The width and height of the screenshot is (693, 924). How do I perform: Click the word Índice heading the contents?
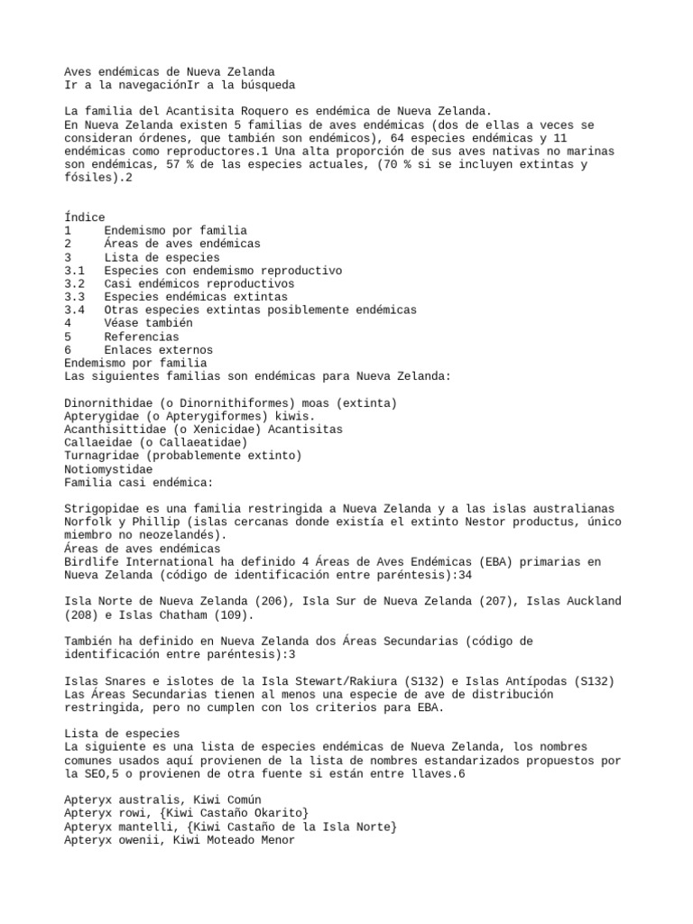coord(85,217)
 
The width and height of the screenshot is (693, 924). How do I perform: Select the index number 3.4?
coord(75,310)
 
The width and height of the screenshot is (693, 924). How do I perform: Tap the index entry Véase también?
coord(147,323)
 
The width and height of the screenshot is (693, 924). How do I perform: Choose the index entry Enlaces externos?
coord(158,350)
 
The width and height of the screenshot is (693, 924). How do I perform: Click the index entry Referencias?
coord(141,337)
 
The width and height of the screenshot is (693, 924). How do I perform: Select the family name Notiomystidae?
coord(107,469)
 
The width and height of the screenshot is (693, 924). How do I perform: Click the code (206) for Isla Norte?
coord(267,602)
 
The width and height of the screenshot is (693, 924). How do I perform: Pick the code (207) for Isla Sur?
coord(494,602)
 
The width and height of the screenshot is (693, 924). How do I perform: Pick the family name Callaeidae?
coord(100,443)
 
